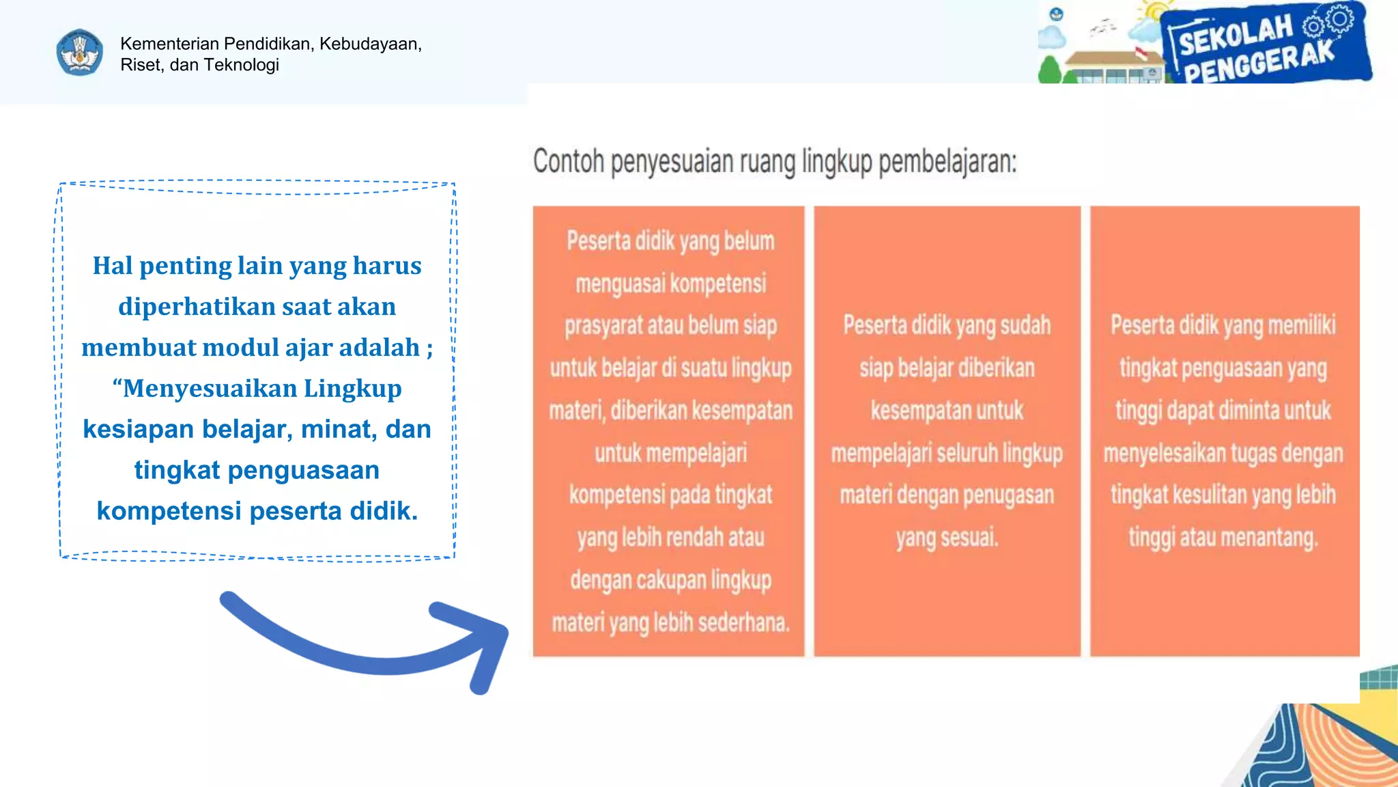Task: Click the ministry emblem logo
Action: pos(80,53)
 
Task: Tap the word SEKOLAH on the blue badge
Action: pos(1235,34)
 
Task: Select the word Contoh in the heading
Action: pos(569,162)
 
